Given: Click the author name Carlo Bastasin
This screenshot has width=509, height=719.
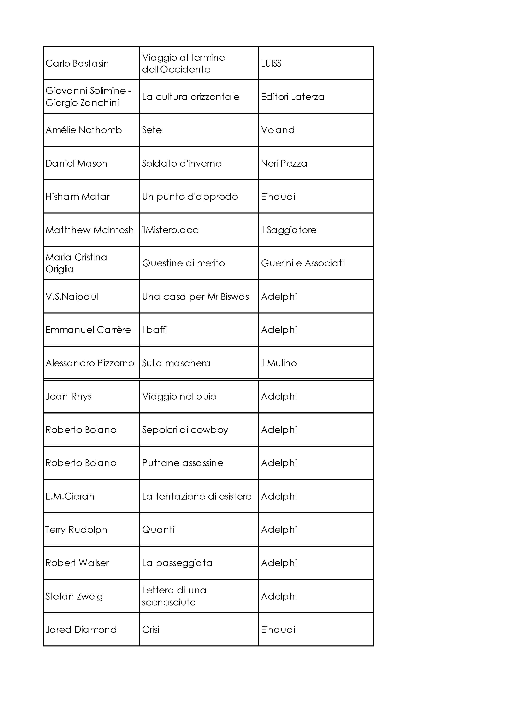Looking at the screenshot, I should tap(77, 64).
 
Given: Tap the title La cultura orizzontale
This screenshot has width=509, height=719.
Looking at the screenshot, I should tap(190, 97).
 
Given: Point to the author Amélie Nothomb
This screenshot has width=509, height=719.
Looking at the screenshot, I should tap(83, 130).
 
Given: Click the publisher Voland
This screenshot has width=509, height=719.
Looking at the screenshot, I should tap(277, 130).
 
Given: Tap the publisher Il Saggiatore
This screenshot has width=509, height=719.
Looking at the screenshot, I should tap(289, 230).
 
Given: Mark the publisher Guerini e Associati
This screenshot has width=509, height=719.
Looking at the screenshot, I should tap(302, 263).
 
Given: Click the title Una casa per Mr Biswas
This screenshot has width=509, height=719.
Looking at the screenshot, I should tap(195, 296).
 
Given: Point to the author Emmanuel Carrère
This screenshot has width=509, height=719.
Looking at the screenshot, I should tap(88, 330).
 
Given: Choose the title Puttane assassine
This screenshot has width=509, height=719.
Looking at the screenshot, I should tap(182, 463).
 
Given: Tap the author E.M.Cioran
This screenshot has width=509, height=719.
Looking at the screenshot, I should tap(70, 496).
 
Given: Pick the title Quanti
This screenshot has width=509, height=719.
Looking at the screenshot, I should tap(158, 529).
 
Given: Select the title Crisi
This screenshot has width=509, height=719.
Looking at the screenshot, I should tap(150, 629).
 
